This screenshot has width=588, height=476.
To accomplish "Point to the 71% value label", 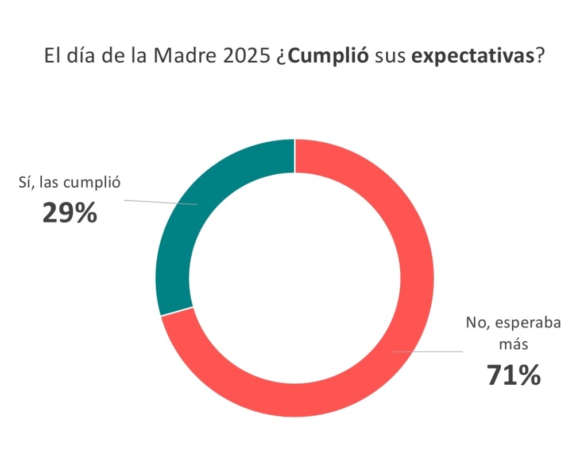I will click(513, 375).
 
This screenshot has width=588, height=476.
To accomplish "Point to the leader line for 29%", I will click(161, 202).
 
